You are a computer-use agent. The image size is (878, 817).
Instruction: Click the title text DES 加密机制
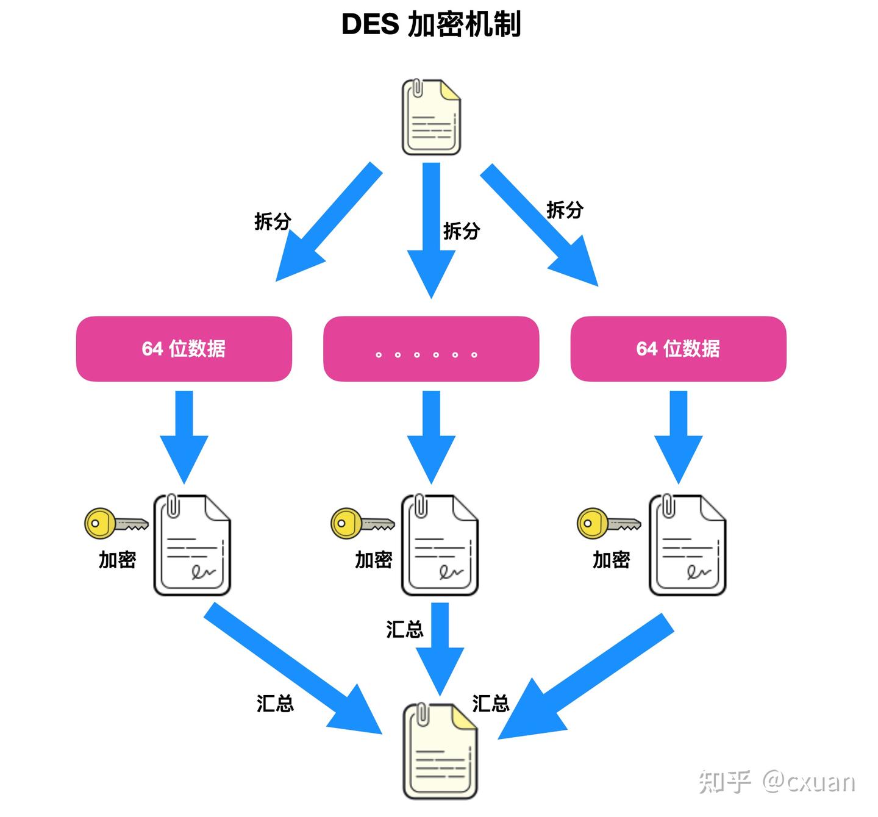point(430,25)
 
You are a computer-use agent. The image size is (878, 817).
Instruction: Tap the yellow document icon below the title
point(430,116)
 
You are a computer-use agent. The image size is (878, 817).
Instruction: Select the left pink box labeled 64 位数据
point(184,349)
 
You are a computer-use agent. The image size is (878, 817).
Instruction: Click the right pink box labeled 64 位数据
point(678,349)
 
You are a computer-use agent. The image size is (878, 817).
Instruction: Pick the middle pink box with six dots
point(430,349)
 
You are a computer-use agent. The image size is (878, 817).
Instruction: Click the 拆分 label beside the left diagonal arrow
point(272,221)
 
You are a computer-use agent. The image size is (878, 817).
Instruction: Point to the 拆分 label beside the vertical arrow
point(461,230)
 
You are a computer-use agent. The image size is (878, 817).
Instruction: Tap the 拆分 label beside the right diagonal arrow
point(565,210)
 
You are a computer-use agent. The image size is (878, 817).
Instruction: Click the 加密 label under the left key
point(117,559)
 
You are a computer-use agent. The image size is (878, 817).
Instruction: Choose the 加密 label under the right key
point(611,559)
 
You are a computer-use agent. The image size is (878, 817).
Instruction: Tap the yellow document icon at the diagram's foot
point(440,751)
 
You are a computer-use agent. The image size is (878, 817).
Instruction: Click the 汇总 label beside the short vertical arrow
point(404,629)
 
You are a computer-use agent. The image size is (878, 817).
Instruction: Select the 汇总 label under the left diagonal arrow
point(275,703)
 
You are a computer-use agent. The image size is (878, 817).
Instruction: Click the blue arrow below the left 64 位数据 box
point(184,436)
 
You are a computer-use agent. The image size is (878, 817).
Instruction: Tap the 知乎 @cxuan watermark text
point(776,781)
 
